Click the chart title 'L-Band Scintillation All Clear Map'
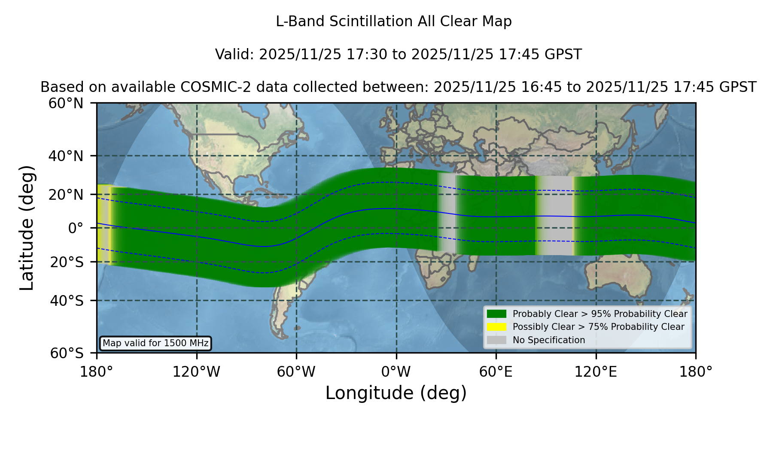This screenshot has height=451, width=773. pos(394,21)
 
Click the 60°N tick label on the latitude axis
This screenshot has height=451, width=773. pos(66,103)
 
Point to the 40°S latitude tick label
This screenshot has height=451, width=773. pos(67,301)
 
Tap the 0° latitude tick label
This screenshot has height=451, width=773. pos(76,228)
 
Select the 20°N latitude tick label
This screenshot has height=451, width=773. pos(66,195)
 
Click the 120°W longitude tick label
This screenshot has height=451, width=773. pos(196,372)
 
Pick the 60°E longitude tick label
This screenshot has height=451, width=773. pos(496,372)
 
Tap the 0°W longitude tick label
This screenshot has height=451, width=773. pos(396,372)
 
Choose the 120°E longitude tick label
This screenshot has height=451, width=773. pos(596,372)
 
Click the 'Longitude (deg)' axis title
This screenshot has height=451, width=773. pos(396,393)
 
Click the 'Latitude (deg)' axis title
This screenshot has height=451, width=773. pos(27,228)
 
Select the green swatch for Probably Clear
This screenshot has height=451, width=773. pos(496,314)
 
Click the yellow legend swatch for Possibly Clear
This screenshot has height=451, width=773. pos(496,327)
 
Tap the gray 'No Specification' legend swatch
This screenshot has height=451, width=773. pos(496,340)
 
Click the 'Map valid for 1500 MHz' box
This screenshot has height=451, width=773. pos(155,343)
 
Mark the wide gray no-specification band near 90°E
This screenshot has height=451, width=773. pos(555,215)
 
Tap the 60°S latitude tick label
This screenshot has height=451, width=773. pos(67,353)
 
